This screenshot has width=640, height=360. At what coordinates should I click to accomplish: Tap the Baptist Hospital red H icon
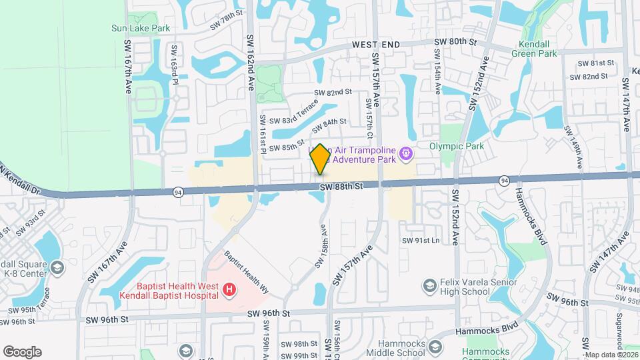[x=229, y=289]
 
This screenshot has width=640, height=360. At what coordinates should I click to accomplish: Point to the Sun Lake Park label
[x=141, y=28]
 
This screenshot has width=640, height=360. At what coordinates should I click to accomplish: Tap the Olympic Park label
[x=456, y=146]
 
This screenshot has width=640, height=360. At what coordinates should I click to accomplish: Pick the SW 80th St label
[x=456, y=41]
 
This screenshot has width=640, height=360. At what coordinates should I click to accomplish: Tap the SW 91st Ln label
[x=421, y=240]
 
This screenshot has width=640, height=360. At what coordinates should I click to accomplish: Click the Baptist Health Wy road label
[x=245, y=273]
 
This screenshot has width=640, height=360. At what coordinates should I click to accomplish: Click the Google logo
[x=22, y=351]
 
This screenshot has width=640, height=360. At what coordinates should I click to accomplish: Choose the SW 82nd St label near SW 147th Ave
[x=589, y=77]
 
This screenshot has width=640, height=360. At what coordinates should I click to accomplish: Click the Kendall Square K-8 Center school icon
[x=57, y=268]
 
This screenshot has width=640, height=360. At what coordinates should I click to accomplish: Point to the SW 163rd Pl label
[x=175, y=61]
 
